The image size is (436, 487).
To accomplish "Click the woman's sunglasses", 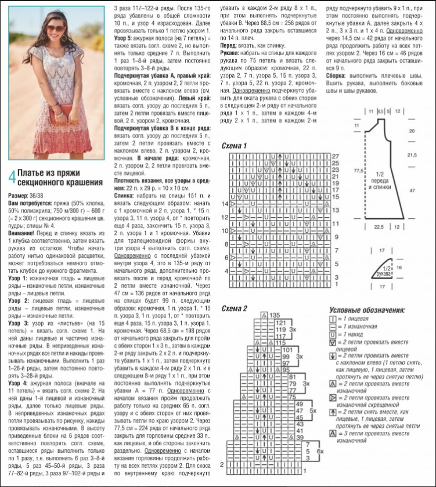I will (58, 28).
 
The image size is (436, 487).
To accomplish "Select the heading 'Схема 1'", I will (234, 145).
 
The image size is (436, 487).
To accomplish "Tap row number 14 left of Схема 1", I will (225, 204).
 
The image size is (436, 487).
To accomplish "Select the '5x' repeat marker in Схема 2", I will (312, 410).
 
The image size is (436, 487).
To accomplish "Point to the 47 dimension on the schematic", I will (412, 190).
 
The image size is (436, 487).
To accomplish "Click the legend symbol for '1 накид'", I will (333, 335).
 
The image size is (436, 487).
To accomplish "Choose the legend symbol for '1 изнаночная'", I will (333, 327).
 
